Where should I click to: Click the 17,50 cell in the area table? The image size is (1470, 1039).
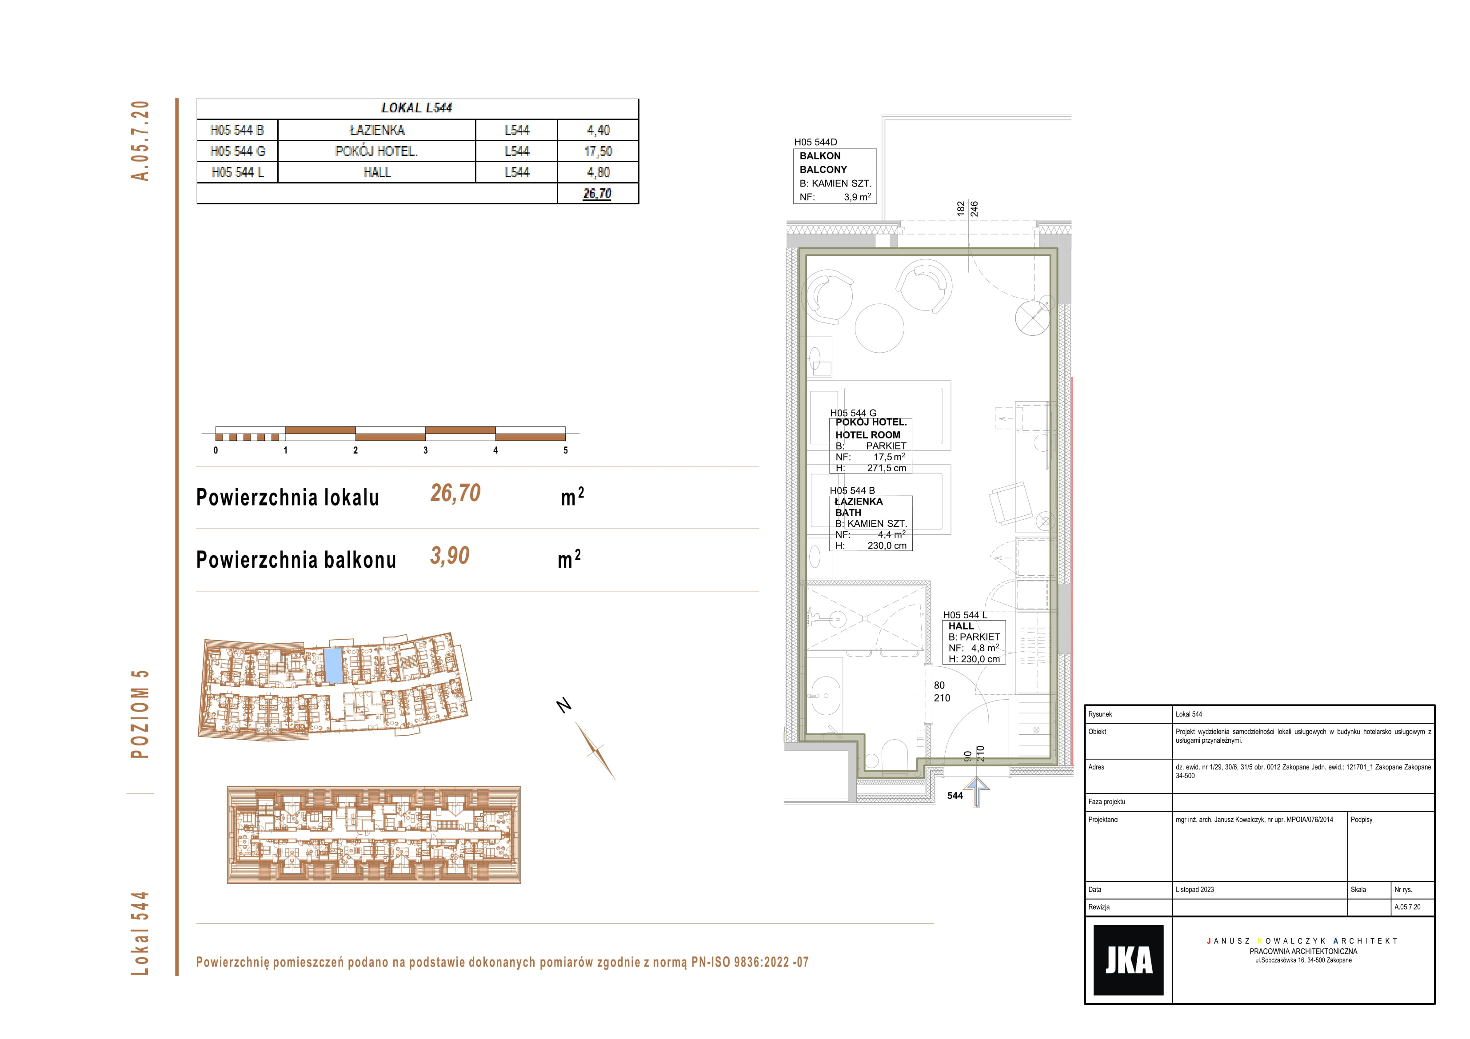click(x=598, y=151)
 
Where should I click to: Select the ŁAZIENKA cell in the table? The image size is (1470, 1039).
click(x=377, y=130)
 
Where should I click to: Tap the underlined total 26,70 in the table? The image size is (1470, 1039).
click(x=597, y=193)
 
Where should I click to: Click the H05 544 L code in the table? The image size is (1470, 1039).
click(x=238, y=172)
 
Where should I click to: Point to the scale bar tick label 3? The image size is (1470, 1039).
click(x=426, y=450)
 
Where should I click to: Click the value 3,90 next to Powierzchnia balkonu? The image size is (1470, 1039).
click(x=449, y=556)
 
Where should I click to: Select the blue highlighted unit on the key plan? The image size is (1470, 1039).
click(x=333, y=665)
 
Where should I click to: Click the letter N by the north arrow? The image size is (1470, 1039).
click(x=563, y=705)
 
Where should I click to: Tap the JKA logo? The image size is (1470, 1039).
click(x=1128, y=959)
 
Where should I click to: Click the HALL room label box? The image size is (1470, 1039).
click(x=974, y=642)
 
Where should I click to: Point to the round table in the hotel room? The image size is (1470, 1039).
click(x=879, y=328)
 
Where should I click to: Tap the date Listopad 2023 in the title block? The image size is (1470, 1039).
click(x=1194, y=889)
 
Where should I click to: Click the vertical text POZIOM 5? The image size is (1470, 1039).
click(x=140, y=714)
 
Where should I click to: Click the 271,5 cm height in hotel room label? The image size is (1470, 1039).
click(x=887, y=468)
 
